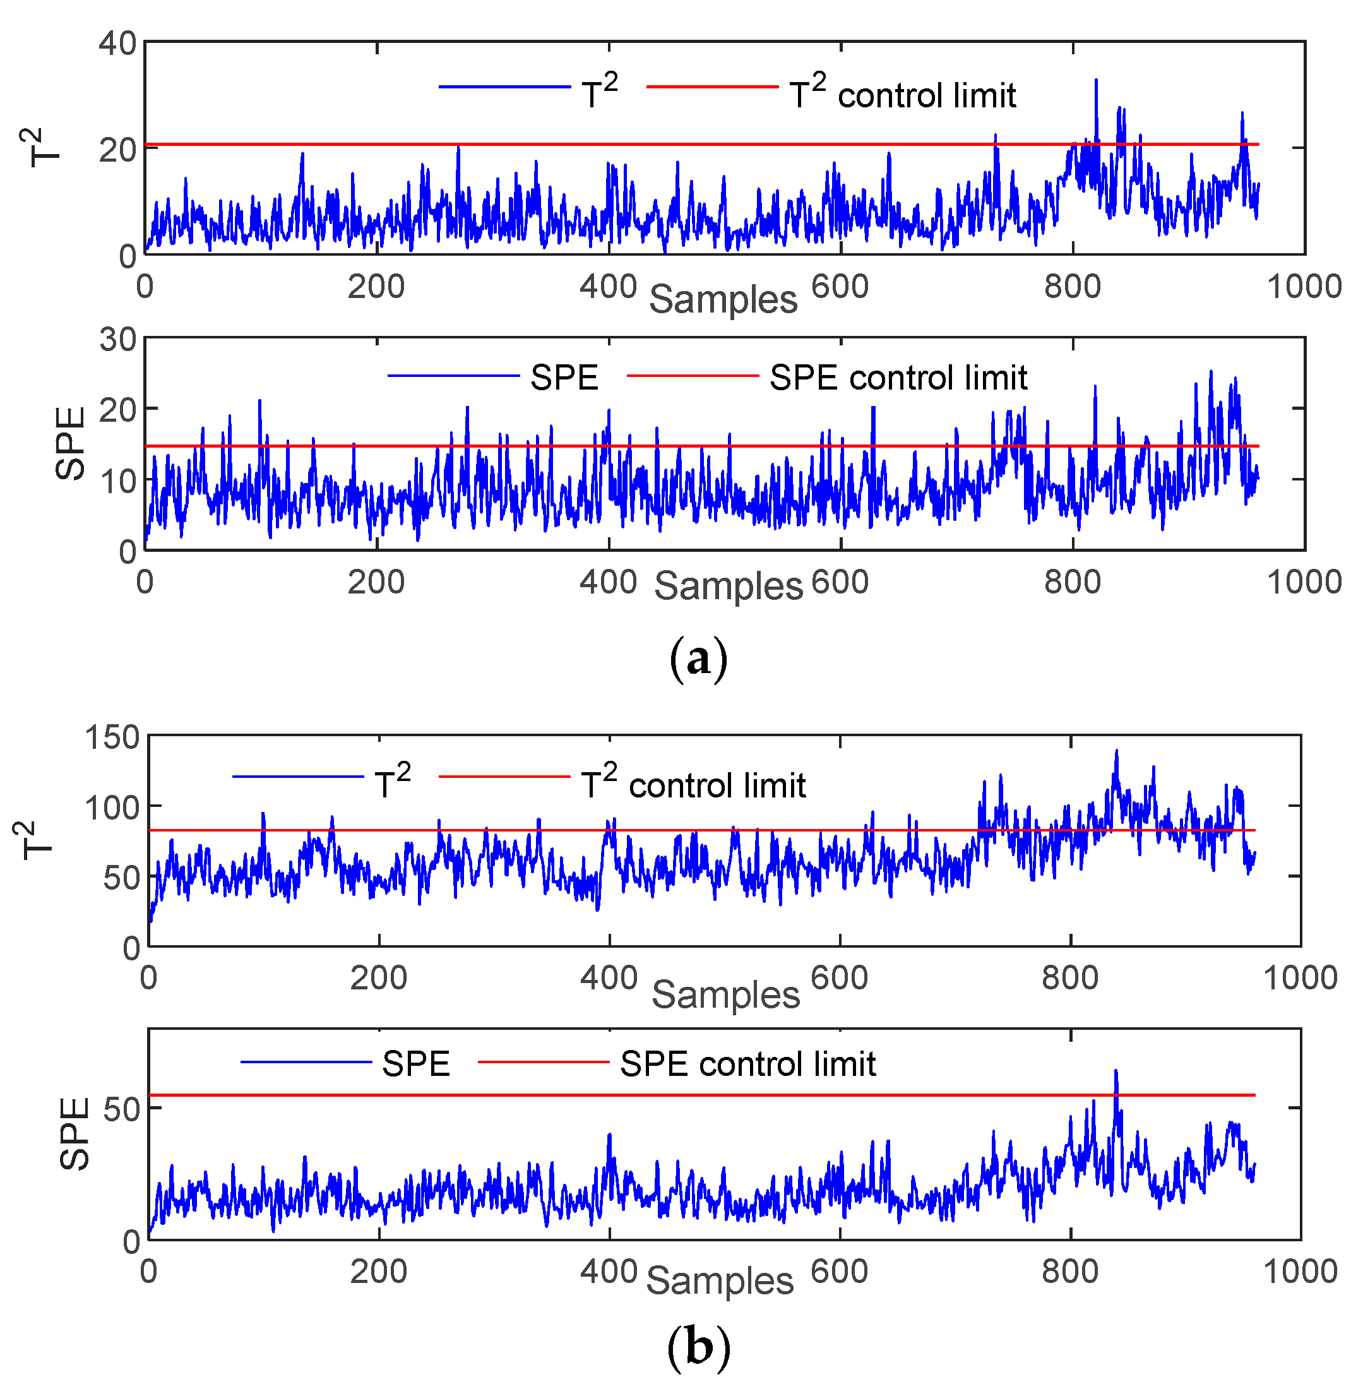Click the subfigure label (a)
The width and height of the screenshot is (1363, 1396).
click(x=699, y=658)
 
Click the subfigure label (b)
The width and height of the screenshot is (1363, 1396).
click(x=699, y=1347)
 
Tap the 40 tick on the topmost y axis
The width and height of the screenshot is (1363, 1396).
click(x=118, y=44)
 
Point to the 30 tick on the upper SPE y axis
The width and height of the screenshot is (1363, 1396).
click(x=118, y=338)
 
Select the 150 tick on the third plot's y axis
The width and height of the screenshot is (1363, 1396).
click(x=112, y=737)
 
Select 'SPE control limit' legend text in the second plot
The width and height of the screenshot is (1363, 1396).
click(x=898, y=378)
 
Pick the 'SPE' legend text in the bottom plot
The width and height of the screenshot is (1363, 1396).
click(x=415, y=1064)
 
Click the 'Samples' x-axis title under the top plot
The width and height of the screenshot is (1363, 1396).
click(x=723, y=299)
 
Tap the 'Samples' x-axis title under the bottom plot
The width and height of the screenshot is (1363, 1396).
click(x=720, y=1280)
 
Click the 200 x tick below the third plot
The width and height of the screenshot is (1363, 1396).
click(x=378, y=977)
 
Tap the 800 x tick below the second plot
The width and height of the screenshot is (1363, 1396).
click(x=1071, y=582)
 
